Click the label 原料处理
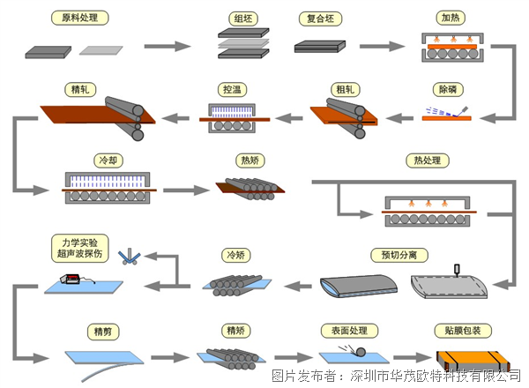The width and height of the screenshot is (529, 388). (78, 17)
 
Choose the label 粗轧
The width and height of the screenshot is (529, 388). (344, 89)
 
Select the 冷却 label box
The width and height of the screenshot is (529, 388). (104, 160)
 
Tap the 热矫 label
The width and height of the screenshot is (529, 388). (249, 160)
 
